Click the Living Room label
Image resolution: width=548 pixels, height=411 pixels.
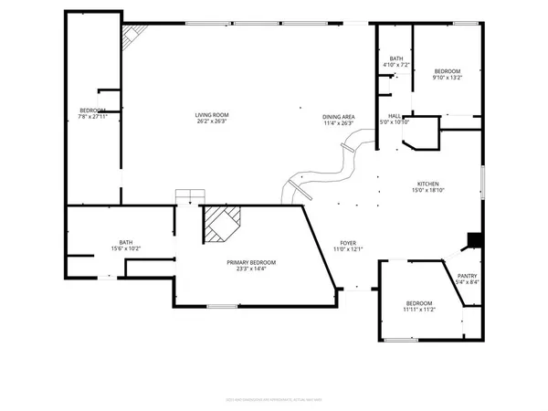click(x=211, y=115)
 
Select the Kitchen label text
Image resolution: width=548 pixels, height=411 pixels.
click(x=428, y=183)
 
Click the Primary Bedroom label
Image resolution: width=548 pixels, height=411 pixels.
click(x=251, y=262)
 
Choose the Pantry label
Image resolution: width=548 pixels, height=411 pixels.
click(x=467, y=275)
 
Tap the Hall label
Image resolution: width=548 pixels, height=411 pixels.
click(x=395, y=116)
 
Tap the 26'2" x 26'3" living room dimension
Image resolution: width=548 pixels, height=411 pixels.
click(x=211, y=122)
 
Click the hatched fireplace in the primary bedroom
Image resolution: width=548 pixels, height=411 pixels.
click(x=223, y=223)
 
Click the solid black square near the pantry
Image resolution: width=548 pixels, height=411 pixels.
click(x=473, y=240)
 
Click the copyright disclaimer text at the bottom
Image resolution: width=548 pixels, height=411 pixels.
click(x=274, y=398)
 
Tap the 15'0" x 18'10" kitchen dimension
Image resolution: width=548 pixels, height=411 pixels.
click(x=428, y=190)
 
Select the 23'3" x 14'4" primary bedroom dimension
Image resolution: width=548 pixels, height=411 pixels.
click(x=251, y=269)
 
